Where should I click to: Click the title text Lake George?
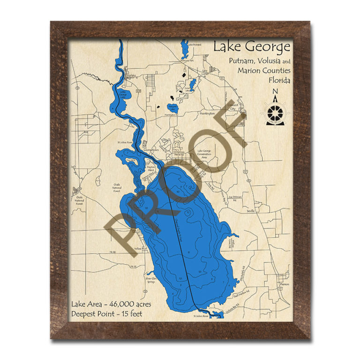[252, 47]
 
